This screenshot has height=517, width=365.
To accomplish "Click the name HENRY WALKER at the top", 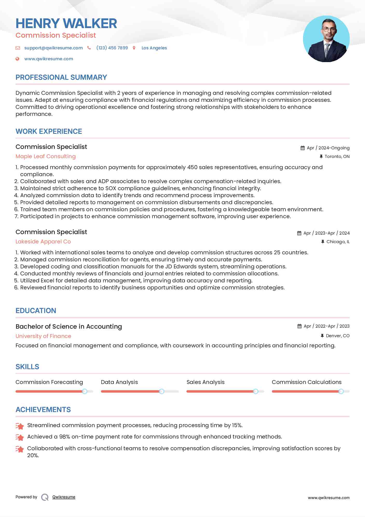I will coord(66,23).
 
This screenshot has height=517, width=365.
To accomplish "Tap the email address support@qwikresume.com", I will coord(53,48).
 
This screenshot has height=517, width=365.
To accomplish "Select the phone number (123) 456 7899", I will coord(112,48).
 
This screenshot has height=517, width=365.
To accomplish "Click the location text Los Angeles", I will coord(154,48).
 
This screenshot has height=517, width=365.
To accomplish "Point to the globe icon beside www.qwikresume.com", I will coord(17,59).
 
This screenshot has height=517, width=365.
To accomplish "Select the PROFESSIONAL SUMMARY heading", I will coord(61,77).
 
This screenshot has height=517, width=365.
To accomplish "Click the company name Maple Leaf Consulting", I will coord(46,156).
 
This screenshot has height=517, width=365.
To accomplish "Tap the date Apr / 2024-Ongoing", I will coord(328,148).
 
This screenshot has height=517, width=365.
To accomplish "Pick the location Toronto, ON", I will coord(337,156).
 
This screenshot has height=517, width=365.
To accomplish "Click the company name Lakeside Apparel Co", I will coord(43,242).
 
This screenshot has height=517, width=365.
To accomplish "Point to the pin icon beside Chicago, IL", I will coord(322,242).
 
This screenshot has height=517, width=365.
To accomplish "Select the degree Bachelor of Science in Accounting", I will coord(69,327).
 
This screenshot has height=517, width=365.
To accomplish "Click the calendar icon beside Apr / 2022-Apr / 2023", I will coord(299,326).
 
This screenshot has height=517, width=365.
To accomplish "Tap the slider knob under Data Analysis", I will coord(162,391).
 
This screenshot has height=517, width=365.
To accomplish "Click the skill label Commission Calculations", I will coord(306,382).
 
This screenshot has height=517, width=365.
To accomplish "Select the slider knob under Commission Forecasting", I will coord(85,391).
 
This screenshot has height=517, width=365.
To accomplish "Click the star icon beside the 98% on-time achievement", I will coord(20,438).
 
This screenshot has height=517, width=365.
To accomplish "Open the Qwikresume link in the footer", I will coord(64,497).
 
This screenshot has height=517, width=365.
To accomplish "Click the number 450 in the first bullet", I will coord(192,167).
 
